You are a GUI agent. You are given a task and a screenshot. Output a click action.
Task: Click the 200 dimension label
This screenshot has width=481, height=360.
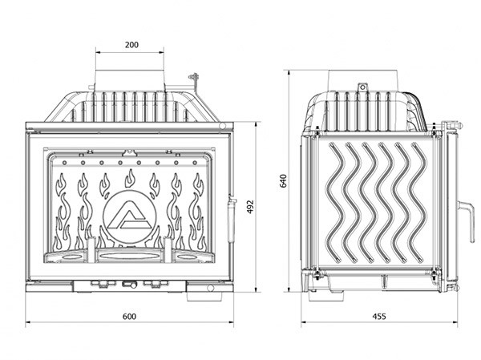(x=131, y=45)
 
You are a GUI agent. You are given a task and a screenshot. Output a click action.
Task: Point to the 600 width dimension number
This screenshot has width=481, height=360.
(x=129, y=315)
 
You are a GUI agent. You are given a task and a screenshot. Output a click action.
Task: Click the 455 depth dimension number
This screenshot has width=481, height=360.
(x=379, y=316)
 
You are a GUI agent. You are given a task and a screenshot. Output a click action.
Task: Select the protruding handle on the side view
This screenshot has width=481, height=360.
(x=463, y=218)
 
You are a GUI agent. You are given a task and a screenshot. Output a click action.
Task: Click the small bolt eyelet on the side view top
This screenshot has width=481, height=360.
(x=362, y=87)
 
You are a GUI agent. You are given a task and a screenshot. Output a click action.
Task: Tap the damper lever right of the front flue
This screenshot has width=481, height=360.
(x=192, y=80)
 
